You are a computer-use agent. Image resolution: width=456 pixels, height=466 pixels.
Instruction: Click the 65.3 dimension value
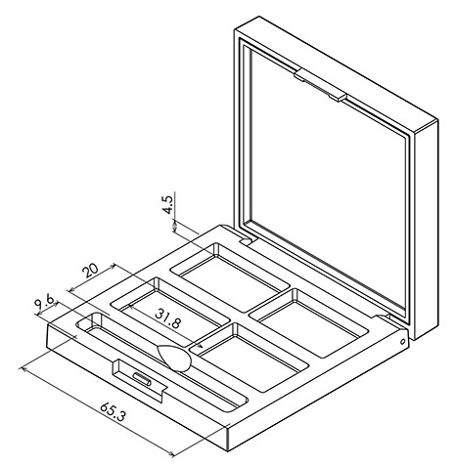click(113, 412)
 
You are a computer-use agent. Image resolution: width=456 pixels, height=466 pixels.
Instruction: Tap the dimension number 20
click(90, 271)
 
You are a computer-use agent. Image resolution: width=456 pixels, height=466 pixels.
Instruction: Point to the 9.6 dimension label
click(45, 304)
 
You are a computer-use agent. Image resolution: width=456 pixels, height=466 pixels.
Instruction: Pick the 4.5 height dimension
click(168, 204)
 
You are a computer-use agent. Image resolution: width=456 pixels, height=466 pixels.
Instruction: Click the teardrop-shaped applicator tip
click(174, 358)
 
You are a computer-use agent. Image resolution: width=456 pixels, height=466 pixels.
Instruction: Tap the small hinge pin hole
click(402, 342)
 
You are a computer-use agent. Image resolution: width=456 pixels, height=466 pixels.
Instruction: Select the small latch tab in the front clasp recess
click(142, 379)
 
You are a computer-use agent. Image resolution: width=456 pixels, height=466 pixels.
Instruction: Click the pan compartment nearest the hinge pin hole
click(309, 322)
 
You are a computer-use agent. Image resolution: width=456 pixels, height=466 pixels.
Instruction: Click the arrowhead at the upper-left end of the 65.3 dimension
click(24, 369)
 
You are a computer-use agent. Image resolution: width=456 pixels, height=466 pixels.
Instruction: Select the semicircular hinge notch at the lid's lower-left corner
click(247, 241)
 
